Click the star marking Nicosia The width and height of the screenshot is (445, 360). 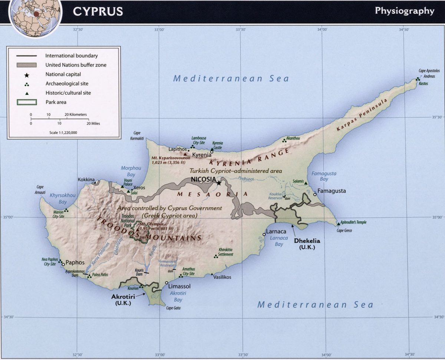219,183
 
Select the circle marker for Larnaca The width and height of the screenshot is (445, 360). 264,234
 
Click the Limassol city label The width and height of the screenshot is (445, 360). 179,287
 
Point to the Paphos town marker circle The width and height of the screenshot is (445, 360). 63,264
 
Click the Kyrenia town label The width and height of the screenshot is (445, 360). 201,155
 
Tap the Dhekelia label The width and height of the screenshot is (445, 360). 307,240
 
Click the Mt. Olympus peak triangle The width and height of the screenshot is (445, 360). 138,229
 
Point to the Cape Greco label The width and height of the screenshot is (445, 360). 344,231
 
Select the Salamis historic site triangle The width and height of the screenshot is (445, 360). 305,183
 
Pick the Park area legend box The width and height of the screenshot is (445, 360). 26,102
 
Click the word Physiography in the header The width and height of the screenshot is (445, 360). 404,11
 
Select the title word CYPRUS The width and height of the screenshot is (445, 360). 98,11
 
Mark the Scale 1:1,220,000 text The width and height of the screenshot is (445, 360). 63,132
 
